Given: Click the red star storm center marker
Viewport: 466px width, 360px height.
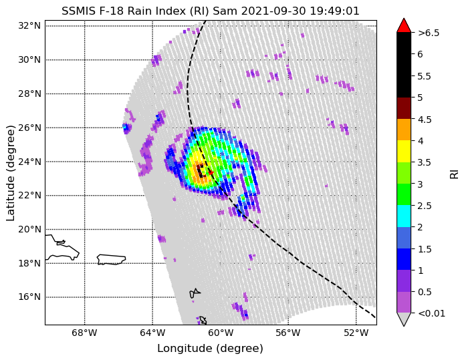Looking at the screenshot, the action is [211, 173].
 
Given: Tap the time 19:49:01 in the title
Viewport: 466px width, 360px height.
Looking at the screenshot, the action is [334, 11].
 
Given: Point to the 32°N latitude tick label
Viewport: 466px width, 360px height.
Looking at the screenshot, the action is [29, 26].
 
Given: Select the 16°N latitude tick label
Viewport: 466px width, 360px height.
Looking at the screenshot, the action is [29, 297].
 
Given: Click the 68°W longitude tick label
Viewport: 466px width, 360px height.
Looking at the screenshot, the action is [84, 333].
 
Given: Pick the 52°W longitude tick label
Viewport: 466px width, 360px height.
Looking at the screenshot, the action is [356, 333].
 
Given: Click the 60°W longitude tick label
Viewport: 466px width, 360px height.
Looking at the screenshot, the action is [220, 333].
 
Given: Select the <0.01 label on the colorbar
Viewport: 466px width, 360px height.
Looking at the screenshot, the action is [431, 313].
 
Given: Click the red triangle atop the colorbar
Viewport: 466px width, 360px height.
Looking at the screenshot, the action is [404, 25].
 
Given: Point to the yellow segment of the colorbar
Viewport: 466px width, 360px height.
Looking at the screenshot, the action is [404, 152].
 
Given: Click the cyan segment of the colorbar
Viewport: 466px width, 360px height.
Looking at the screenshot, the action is [404, 216].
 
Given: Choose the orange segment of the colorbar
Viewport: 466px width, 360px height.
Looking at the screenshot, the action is [404, 130].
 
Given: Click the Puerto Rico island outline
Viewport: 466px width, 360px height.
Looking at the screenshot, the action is [112, 259].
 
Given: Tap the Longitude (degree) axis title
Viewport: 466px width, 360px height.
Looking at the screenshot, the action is [210, 349].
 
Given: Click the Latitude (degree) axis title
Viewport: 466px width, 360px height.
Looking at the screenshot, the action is [10, 173].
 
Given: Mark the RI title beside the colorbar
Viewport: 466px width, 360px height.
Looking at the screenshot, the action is [455, 174].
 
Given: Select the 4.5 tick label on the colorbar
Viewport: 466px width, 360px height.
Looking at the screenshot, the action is [425, 120].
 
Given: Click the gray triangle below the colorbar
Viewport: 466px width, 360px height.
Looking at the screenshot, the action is [404, 319].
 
